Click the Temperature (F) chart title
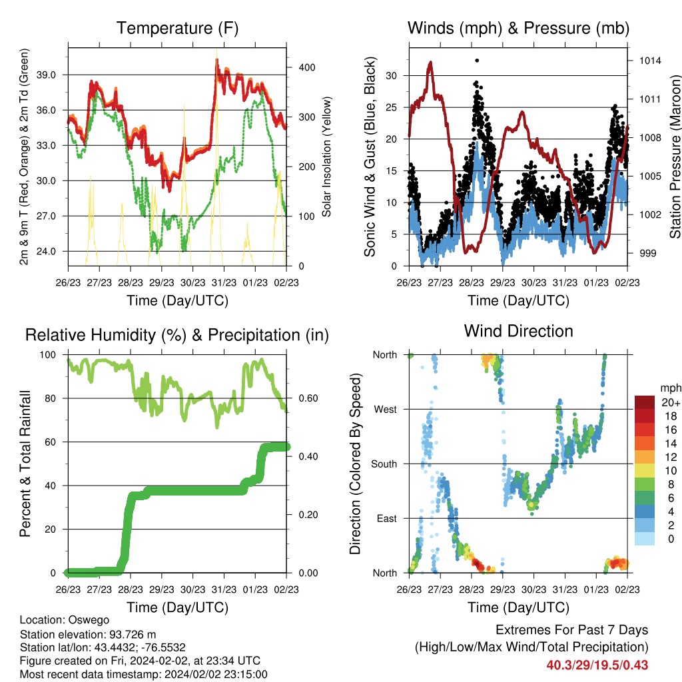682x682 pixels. point(177,28)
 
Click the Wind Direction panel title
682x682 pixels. point(518,331)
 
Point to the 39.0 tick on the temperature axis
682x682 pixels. point(46,75)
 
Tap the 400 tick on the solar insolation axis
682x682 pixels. point(307,67)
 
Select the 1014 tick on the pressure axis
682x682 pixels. point(650,61)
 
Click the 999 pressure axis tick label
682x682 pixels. point(647,253)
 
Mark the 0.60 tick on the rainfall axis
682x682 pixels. point(308,398)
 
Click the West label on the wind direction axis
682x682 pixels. point(386,410)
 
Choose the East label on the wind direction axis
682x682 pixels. point(387,518)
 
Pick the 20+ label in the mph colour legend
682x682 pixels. point(671,403)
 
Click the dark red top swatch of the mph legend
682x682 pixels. point(645,402)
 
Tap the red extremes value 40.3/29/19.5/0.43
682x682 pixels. point(597,665)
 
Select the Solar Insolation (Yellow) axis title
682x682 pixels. point(326,157)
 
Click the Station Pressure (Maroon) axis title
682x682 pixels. point(675,157)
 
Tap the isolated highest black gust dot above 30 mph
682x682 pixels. point(477,61)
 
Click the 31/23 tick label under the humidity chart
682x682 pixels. point(224,589)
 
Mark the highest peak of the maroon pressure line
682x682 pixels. point(431,63)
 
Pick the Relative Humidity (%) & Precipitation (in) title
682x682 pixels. point(177,336)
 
